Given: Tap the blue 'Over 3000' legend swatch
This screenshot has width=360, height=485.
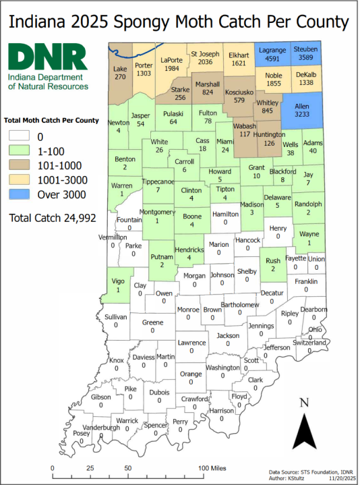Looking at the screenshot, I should pos(21,196).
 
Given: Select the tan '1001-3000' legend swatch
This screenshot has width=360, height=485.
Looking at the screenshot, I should pos(21,181).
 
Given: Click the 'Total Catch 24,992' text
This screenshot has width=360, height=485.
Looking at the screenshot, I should pos(53,218).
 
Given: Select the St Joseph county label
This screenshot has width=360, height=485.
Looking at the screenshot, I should pos(206,53).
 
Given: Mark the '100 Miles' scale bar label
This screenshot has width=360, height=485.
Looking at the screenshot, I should pos(213,467).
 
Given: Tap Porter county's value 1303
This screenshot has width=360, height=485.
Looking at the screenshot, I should pos(143,73).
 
